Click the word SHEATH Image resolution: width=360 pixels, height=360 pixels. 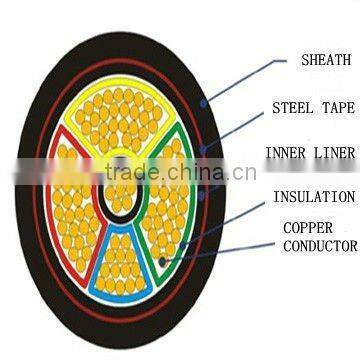coord(325,60)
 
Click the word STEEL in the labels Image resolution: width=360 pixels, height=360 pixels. coord(293,107)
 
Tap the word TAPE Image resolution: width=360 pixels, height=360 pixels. coord(336,107)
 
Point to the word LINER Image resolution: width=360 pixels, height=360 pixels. coord(334,152)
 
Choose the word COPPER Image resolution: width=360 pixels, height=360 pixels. coord(307,227)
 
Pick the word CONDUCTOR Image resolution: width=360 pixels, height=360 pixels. coord(320,245)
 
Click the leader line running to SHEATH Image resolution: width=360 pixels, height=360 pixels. coord(240,81)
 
